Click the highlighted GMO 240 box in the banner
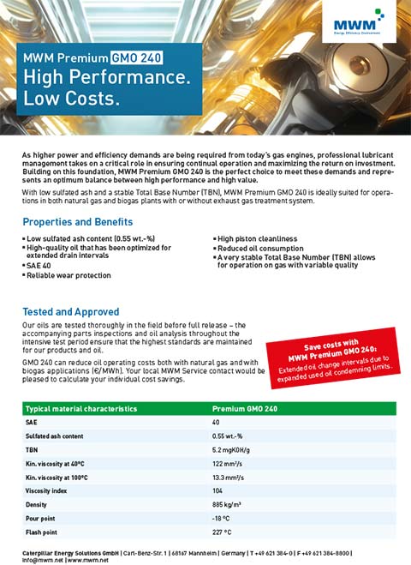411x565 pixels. (136, 59)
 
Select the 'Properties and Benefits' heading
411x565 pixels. (78, 221)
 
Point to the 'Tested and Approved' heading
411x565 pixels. (71, 312)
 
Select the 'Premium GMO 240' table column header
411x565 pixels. (247, 410)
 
